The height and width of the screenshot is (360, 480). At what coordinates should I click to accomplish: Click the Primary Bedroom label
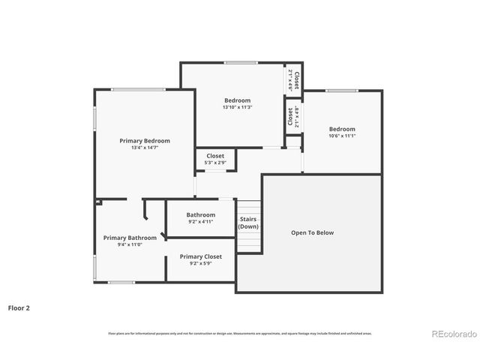[x=145, y=140]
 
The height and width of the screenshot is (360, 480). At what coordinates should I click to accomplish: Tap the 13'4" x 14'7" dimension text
[x=145, y=148]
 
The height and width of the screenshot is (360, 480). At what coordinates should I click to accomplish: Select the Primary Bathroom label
[x=130, y=238]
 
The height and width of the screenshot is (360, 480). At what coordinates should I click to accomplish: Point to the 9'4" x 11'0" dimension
[x=130, y=244]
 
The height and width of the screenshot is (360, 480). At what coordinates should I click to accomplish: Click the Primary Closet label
[x=200, y=256]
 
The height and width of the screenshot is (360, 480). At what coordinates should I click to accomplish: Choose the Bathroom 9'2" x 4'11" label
[x=200, y=217]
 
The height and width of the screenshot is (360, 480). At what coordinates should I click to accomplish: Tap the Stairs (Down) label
[x=248, y=222]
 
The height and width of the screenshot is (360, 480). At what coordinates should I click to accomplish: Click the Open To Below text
[x=312, y=232]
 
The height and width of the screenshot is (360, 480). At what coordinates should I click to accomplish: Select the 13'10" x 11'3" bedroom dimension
[x=237, y=107]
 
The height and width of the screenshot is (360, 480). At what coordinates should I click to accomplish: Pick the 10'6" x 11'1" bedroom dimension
[x=341, y=136]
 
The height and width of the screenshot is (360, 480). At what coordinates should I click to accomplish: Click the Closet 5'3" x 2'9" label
[x=215, y=159]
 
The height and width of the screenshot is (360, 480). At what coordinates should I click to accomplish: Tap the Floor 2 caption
[x=19, y=307]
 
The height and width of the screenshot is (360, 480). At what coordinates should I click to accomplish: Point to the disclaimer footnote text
[x=239, y=333]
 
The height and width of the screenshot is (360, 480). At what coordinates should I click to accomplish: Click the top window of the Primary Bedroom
[x=138, y=90]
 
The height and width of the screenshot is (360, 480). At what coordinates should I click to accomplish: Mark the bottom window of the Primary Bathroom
[x=121, y=282]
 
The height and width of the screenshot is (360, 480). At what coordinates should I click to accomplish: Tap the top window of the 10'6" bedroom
[x=341, y=91]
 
